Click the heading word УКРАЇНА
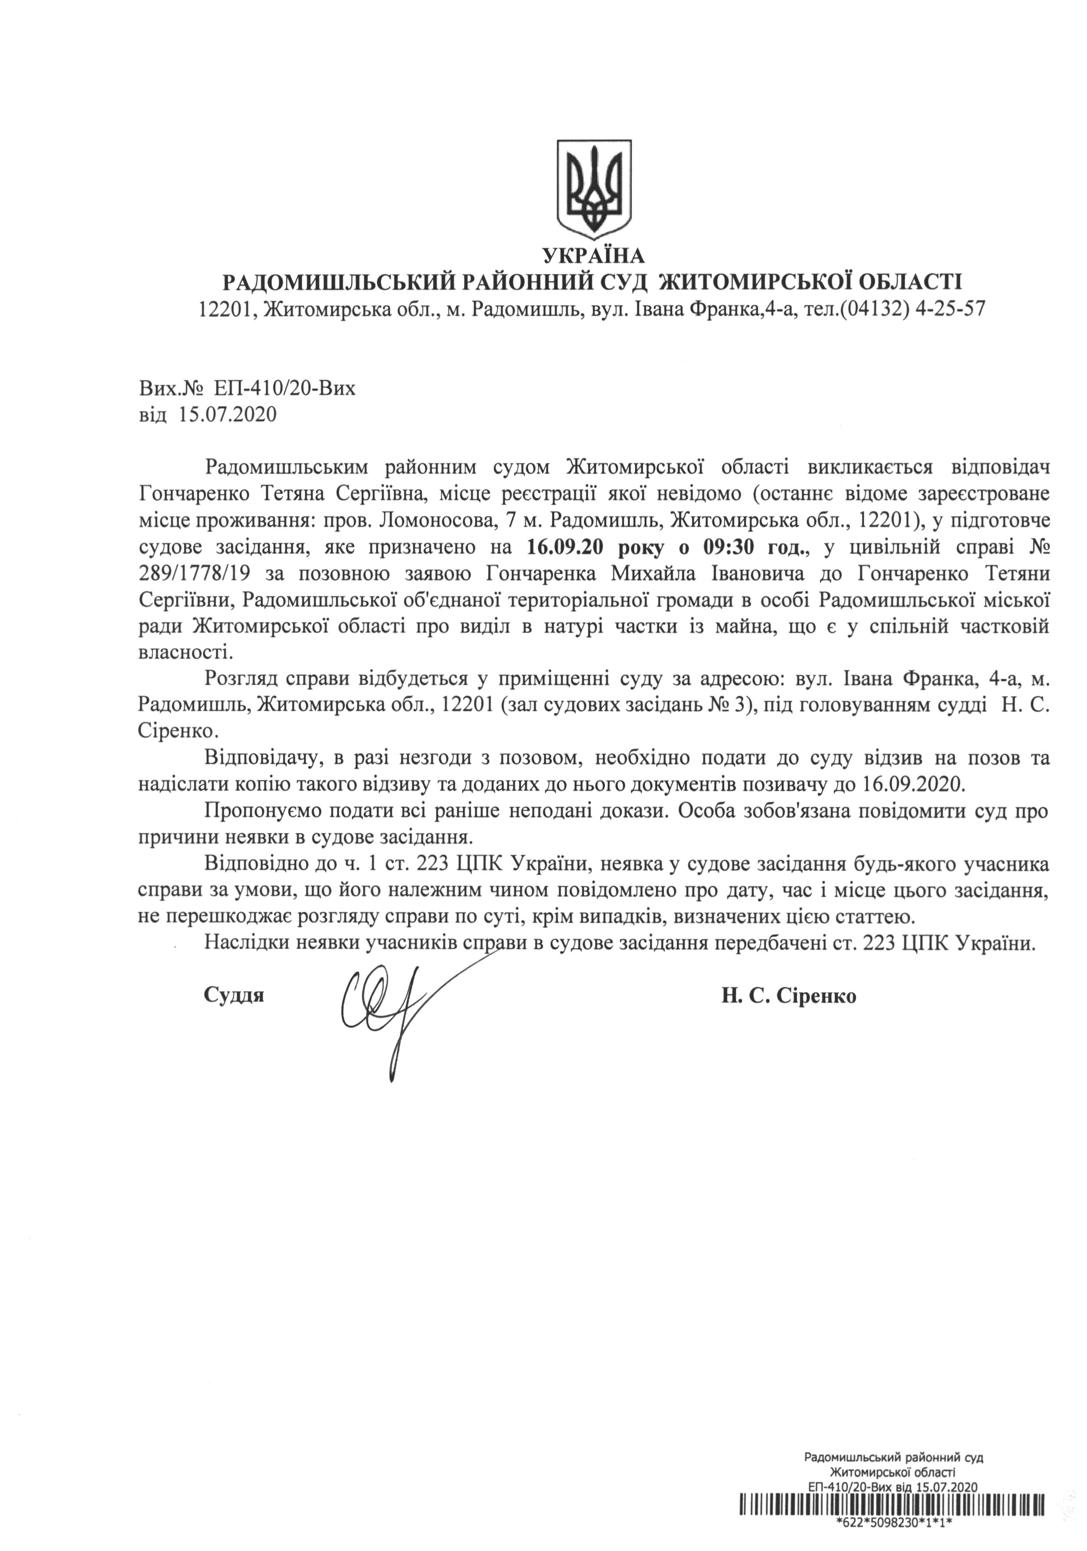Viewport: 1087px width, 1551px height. [594, 256]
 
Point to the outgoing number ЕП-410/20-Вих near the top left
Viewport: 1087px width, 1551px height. [284, 389]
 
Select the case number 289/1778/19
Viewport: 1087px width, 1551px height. [192, 574]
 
